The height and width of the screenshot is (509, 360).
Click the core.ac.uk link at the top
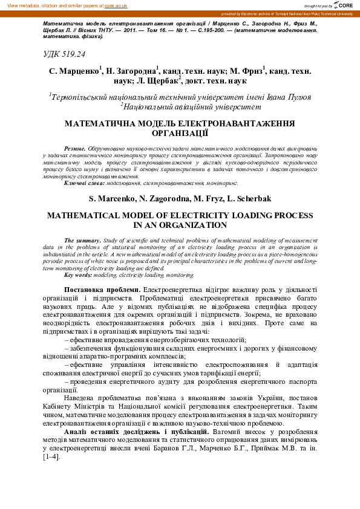click(116, 5)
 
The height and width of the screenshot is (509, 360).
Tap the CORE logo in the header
click(343, 5)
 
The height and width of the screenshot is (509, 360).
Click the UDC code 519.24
click(64, 54)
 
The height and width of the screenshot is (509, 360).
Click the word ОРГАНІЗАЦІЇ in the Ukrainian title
click(180, 132)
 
